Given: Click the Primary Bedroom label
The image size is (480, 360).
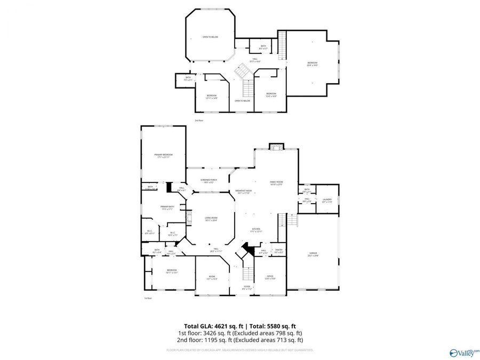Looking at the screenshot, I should click(x=163, y=155).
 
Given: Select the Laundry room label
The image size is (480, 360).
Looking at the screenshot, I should click(x=327, y=200).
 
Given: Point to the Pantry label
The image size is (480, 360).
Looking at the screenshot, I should click(x=278, y=250).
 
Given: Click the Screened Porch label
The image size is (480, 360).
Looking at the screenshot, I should click(x=209, y=181).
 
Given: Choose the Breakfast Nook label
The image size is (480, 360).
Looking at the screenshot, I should click(x=244, y=191).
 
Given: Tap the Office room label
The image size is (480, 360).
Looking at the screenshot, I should click(x=270, y=277).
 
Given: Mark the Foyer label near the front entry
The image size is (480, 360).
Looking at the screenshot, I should click(x=246, y=287).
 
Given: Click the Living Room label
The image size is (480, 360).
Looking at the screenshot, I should click(x=212, y=218).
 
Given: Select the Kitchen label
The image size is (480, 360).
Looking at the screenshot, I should click(x=257, y=229).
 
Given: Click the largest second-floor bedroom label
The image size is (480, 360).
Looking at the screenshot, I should click(x=312, y=64).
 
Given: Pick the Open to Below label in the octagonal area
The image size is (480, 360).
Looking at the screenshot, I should click(x=210, y=37).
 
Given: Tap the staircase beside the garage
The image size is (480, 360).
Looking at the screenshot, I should click(x=292, y=221).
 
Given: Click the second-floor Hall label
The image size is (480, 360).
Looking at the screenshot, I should click(x=255, y=59).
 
